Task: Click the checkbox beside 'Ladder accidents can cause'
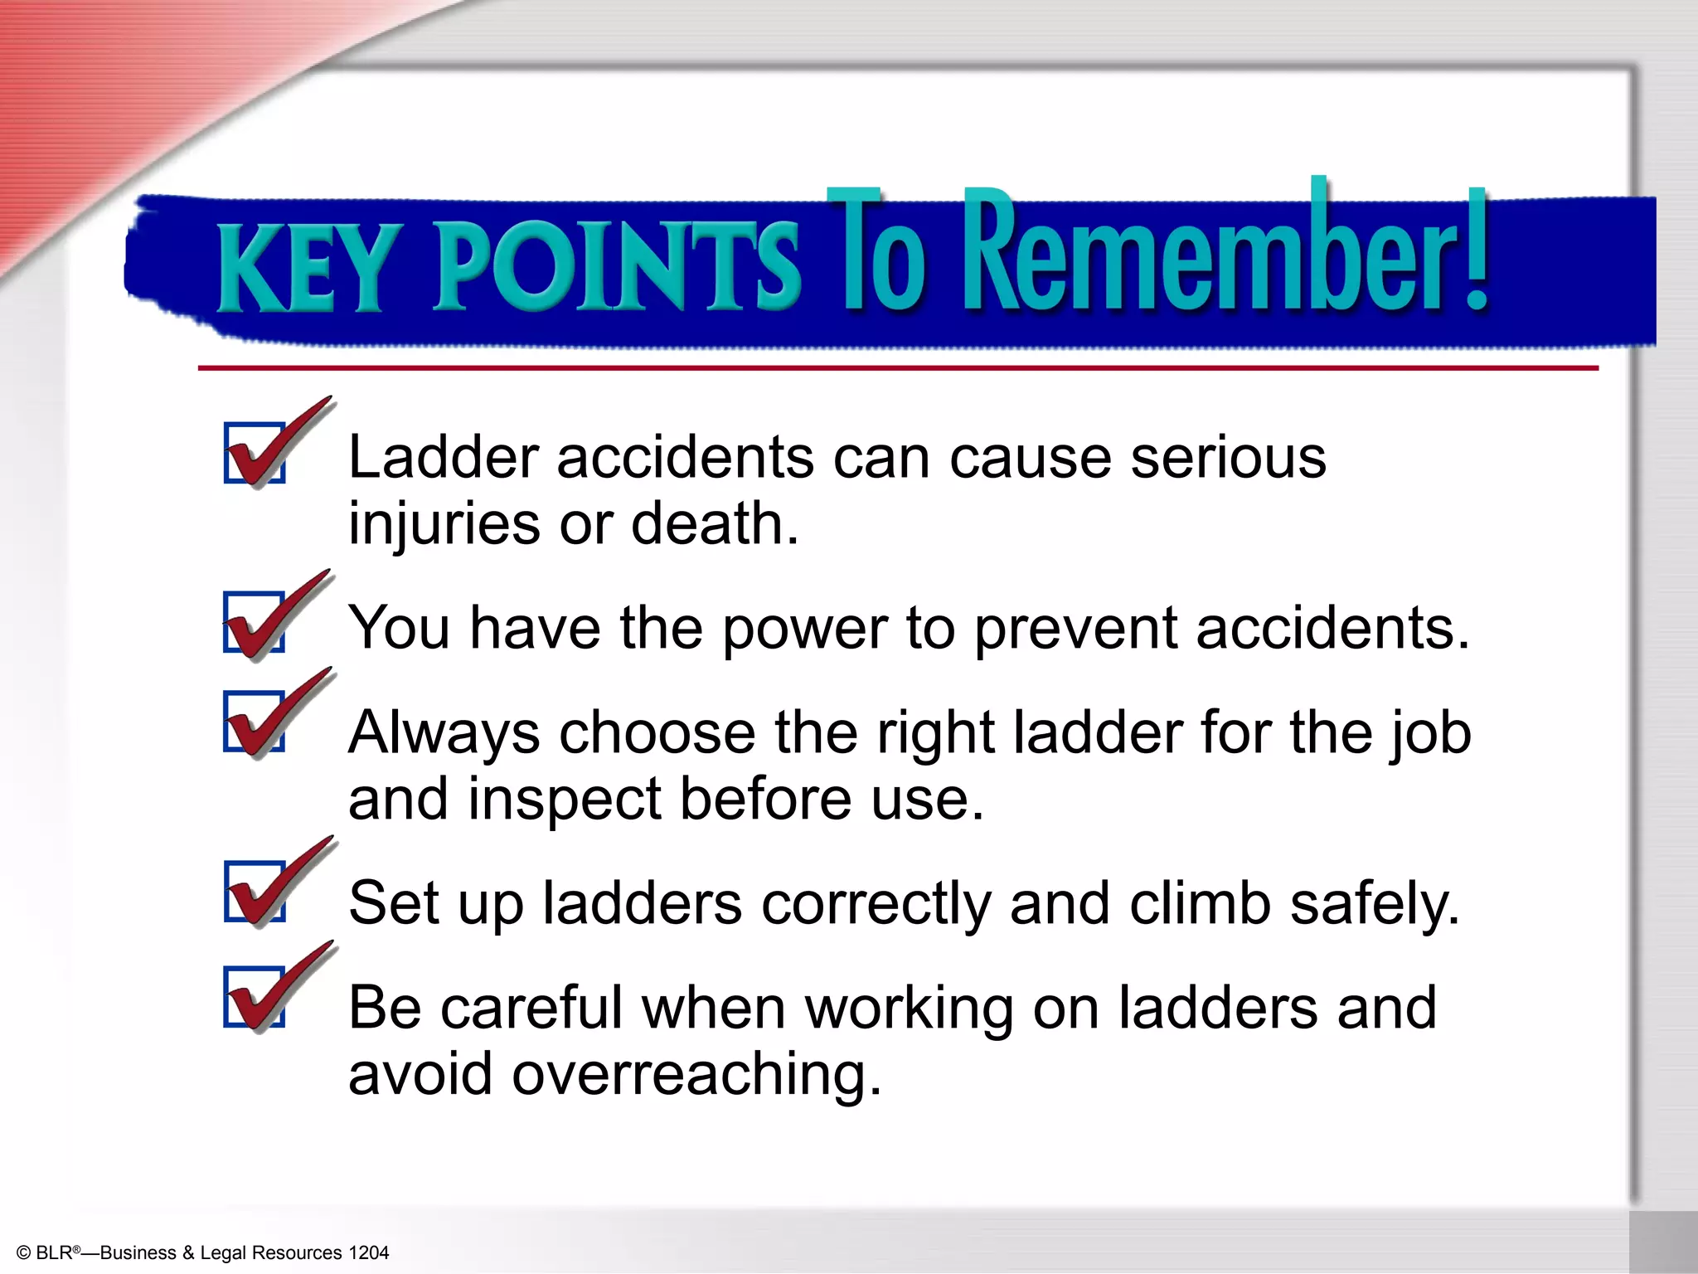255,453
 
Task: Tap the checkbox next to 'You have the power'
255,622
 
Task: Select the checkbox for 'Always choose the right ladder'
255,721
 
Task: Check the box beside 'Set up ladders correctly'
255,891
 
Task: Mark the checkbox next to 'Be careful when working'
255,996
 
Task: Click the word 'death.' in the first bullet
715,524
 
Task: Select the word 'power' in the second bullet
805,629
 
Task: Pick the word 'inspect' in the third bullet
565,799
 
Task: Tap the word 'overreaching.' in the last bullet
696,1074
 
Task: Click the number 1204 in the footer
368,1252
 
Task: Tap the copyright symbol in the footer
23,1253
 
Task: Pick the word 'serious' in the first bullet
1228,457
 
